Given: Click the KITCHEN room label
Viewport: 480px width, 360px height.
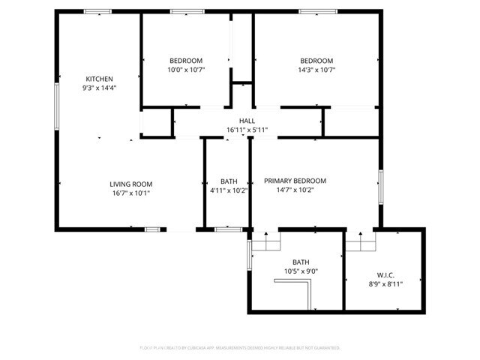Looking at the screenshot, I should pyautogui.click(x=99, y=79).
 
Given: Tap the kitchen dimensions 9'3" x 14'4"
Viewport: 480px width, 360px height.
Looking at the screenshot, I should pyautogui.click(x=99, y=88).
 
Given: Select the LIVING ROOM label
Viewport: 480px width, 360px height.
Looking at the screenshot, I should pyautogui.click(x=131, y=184).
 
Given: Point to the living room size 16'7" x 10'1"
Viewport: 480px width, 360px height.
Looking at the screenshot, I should pyautogui.click(x=131, y=193).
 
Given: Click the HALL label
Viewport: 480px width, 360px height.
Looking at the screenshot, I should pyautogui.click(x=247, y=121).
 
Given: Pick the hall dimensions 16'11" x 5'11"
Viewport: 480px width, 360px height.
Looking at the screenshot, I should pyautogui.click(x=247, y=130).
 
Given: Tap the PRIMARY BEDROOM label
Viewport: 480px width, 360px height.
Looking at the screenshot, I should pyautogui.click(x=295, y=181).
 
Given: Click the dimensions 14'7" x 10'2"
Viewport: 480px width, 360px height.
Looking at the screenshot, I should pyautogui.click(x=295, y=190).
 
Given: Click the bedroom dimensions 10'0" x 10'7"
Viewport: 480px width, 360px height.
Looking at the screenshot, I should pyautogui.click(x=185, y=70).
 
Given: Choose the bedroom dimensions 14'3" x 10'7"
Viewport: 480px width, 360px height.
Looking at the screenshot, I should pyautogui.click(x=316, y=70).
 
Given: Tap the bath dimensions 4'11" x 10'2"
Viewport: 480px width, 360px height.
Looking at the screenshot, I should pyautogui.click(x=229, y=190).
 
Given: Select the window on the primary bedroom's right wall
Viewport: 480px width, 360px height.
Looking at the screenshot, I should pyautogui.click(x=380, y=186).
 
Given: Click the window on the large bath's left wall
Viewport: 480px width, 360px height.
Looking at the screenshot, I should pyautogui.click(x=249, y=254).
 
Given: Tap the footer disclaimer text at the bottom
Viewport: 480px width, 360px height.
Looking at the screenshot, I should pyautogui.click(x=240, y=348).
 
